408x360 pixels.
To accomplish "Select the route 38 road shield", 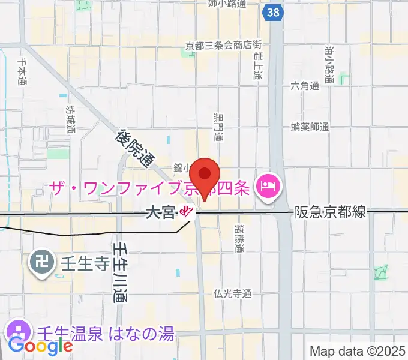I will (x=274, y=11).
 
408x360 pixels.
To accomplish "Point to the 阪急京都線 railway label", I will (x=329, y=212).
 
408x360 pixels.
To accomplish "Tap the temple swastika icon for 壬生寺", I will (x=41, y=262).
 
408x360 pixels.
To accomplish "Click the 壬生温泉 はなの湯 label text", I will (x=106, y=333).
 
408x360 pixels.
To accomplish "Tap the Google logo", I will (x=40, y=346).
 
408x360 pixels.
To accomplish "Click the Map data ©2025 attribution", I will (x=358, y=351).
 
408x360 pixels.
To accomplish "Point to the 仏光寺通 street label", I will (x=232, y=294).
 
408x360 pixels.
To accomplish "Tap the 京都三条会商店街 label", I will (x=223, y=45).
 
